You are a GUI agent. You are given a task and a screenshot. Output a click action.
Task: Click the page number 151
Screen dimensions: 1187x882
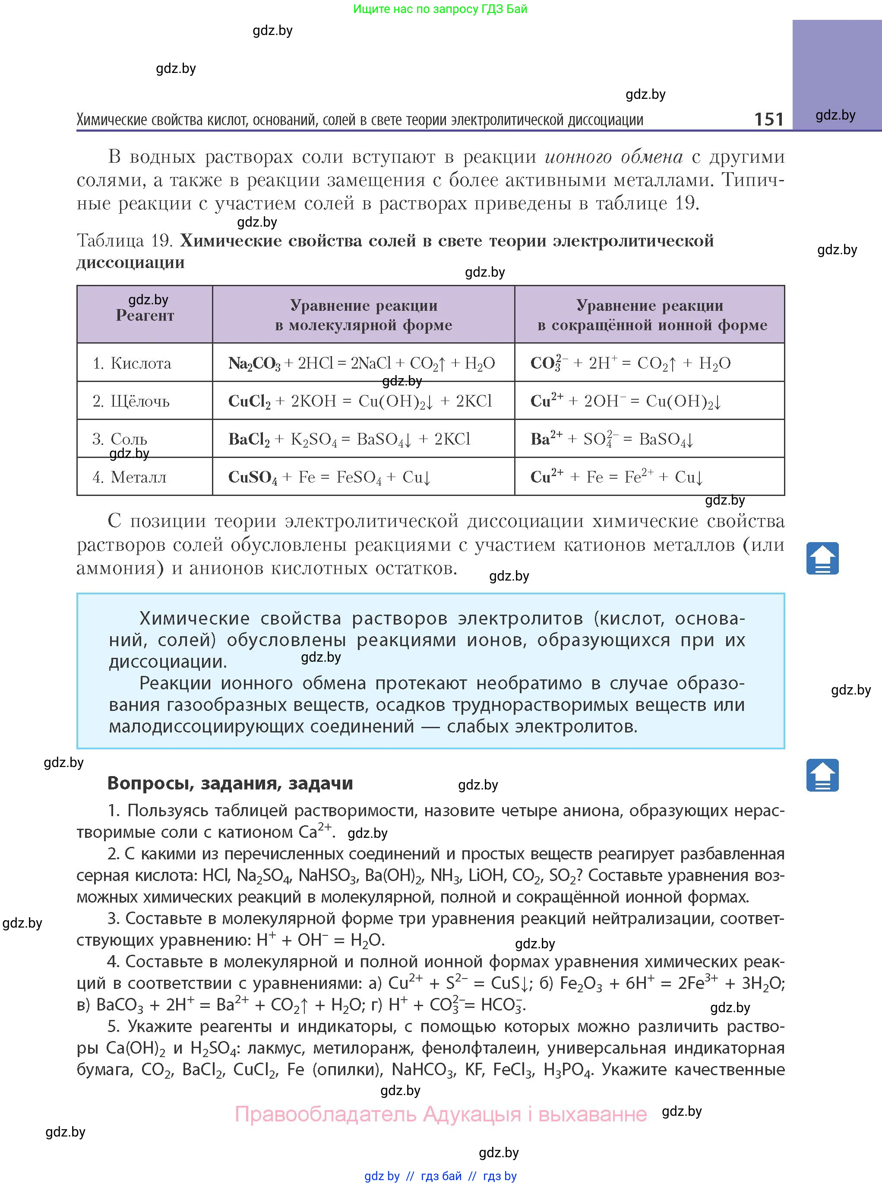(x=768, y=119)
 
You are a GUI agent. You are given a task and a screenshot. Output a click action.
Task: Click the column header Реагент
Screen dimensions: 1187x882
(x=145, y=316)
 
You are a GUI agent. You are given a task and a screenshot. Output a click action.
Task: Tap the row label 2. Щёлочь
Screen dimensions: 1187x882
(x=131, y=401)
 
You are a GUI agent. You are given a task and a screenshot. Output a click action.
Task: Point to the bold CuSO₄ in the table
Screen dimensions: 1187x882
(x=253, y=477)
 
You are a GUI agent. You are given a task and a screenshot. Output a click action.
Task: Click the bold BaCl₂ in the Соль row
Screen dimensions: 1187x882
(x=249, y=439)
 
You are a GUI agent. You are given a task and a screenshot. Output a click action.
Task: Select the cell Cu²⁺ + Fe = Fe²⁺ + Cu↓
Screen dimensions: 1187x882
(x=616, y=477)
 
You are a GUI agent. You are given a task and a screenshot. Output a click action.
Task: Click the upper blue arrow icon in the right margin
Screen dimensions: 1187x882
(x=822, y=558)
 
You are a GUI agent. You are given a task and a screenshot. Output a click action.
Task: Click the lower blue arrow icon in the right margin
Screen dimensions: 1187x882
(x=822, y=775)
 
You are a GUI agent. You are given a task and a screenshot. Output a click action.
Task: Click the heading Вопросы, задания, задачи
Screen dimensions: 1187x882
(x=230, y=783)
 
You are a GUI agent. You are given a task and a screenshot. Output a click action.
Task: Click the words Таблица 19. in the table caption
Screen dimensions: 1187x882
(x=125, y=241)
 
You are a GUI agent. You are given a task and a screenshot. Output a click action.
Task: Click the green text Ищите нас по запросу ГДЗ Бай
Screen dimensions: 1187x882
(x=440, y=9)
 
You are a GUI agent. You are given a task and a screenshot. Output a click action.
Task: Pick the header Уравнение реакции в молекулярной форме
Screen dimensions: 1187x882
(x=364, y=315)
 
